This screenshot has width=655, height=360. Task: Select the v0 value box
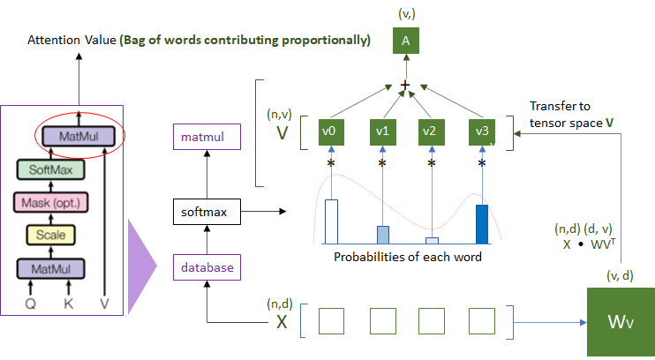point(332,131)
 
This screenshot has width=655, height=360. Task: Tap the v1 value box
point(383,131)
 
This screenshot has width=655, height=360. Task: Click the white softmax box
point(205,213)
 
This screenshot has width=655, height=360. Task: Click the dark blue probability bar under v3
point(482,223)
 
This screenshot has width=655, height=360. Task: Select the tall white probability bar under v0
point(332,221)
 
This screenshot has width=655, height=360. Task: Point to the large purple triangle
point(141,266)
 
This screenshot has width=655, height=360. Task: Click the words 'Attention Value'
point(67,41)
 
